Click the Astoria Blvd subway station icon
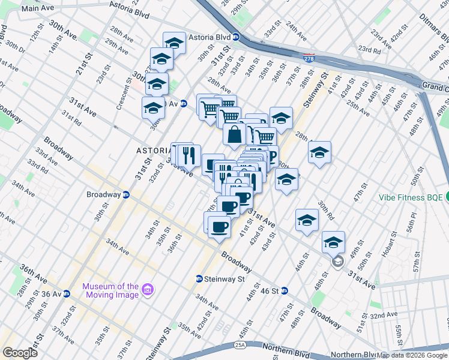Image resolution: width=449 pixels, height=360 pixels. point(237,37)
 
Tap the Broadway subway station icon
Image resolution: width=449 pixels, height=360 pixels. point(126,195)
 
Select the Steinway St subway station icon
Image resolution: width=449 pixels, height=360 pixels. point(199,279)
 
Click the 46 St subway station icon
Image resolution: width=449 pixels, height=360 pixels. point(285,291)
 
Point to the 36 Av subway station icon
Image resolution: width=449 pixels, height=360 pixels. point(67,294)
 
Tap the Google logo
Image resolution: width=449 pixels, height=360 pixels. point(20,353)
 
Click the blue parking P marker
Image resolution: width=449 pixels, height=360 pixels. point(272,157)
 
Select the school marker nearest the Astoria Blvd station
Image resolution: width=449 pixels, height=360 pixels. point(174,43)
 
